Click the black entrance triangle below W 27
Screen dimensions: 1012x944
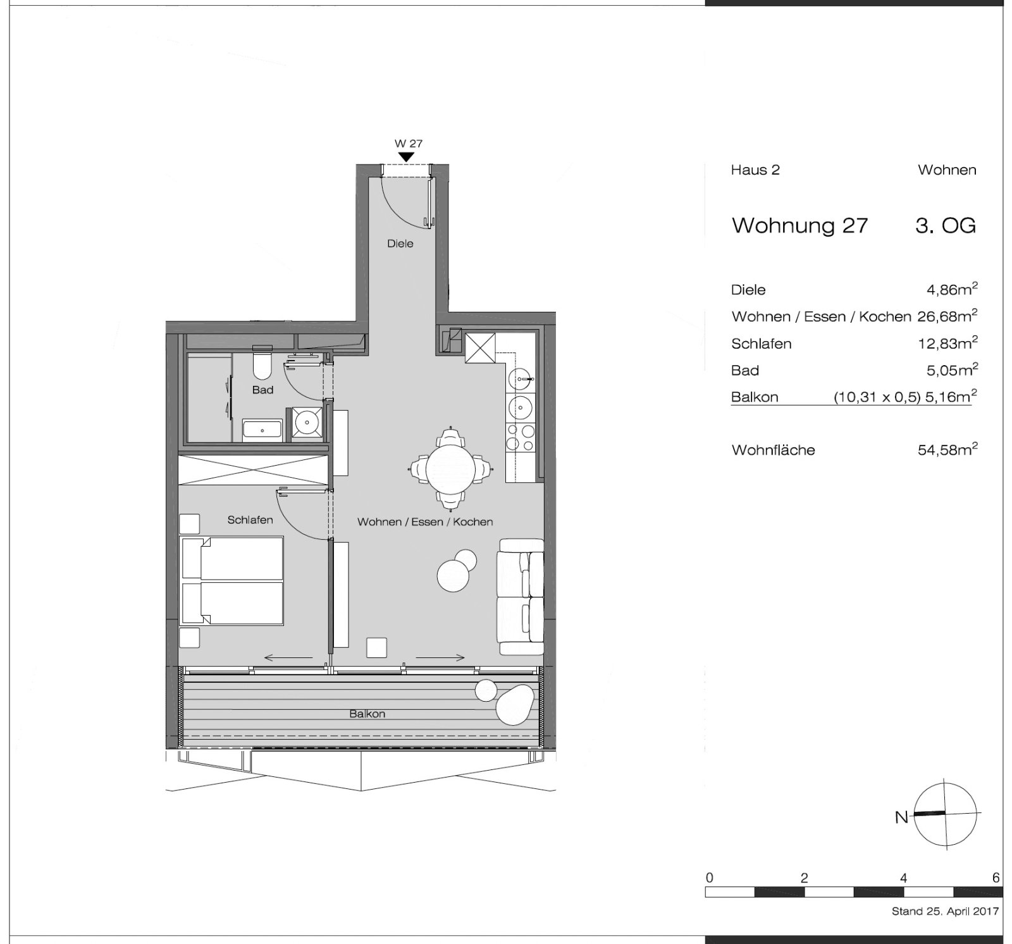coord(406,156)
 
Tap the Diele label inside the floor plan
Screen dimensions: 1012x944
coord(400,244)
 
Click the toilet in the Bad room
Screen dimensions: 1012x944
coord(262,363)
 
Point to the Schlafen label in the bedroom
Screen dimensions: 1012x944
coord(250,520)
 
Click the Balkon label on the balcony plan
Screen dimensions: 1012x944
coord(367,714)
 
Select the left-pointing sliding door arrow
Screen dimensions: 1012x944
coord(288,658)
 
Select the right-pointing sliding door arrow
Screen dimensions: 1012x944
coord(441,658)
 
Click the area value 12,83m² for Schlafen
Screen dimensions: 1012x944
coord(947,343)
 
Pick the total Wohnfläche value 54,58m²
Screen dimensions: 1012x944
coord(947,449)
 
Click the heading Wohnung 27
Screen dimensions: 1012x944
coord(799,225)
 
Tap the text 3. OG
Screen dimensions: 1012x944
coord(946,225)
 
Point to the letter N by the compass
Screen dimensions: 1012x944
coord(901,817)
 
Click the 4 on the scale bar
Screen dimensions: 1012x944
coord(903,878)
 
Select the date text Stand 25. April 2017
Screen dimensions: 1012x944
coord(945,912)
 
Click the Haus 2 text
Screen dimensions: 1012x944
coord(755,170)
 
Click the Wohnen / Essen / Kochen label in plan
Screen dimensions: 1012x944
coord(425,522)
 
